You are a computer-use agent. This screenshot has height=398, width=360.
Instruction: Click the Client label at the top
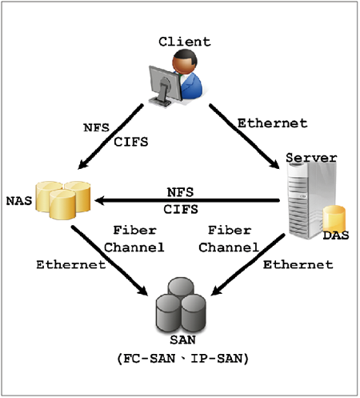pos(185,42)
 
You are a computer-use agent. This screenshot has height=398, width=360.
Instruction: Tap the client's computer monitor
pos(165,86)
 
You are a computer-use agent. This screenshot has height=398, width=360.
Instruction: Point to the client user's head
pos(185,62)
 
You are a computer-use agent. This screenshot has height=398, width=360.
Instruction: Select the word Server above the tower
pos(311,158)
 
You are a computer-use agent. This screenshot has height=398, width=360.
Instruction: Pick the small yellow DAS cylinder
pos(334,218)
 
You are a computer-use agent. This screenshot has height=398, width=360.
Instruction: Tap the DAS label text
pos(336,235)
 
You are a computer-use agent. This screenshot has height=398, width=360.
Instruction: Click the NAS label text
pos(19,201)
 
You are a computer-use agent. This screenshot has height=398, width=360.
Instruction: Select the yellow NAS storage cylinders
pos(63,200)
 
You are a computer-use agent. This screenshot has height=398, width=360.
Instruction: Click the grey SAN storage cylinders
pos(181,304)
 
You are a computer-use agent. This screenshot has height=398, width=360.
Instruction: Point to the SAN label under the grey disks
pos(182,340)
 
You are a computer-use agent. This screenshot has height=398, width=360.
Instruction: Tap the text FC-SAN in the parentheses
pos(150,358)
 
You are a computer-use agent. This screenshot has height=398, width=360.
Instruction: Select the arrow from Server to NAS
pos(187,200)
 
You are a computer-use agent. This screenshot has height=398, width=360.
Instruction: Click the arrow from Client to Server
pos(244,136)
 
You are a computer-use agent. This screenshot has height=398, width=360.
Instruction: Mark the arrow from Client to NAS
pos(110,136)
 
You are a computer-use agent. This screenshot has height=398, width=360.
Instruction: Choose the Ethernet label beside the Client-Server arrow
pos(272,123)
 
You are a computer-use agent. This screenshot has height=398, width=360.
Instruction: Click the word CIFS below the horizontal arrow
pos(181,209)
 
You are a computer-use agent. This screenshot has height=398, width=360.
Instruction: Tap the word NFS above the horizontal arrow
pos(180,192)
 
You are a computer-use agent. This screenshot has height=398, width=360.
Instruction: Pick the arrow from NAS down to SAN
pos(110,260)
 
